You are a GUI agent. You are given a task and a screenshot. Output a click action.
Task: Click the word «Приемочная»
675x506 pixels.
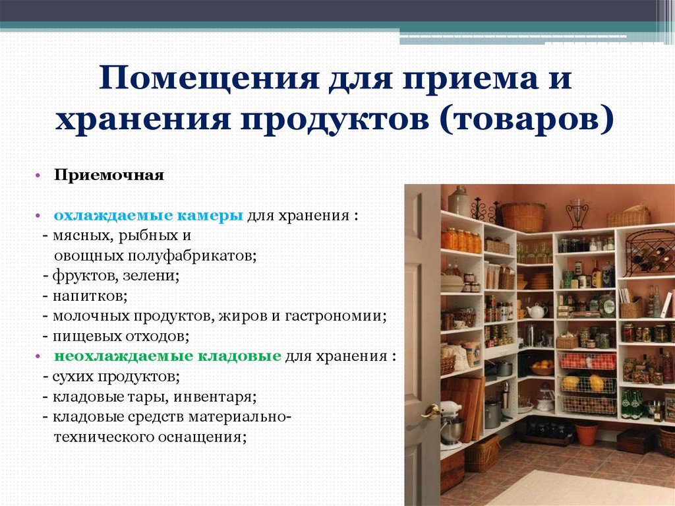pos(109,175)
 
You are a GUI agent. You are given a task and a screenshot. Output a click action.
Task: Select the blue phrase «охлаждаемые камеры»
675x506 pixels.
pos(148,216)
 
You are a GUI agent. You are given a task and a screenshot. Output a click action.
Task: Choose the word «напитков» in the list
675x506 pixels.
pos(89,296)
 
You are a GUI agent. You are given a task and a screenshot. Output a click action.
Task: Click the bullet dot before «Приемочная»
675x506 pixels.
pos(38,176)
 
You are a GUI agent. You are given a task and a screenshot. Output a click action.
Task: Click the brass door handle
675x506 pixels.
pos(430,412)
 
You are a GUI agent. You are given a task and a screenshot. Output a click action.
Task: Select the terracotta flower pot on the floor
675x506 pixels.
pos(586,433)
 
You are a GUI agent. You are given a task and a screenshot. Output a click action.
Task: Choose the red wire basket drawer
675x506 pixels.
pos(587,361)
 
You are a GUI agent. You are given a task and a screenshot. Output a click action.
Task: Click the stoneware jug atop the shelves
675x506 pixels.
pos(459,201)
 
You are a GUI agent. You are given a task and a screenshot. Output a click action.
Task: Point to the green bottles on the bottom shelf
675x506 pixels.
pos(632,404)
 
